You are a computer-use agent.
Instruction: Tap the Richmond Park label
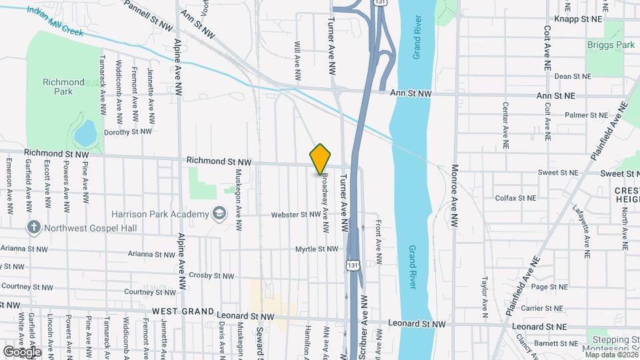pos(63,87)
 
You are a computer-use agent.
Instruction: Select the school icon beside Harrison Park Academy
pos(218,213)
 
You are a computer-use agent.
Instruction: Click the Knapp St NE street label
pos(577,20)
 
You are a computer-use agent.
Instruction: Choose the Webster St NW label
pos(295,215)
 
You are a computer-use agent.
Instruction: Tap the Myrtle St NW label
pos(317,249)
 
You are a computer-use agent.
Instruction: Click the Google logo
pos(22,351)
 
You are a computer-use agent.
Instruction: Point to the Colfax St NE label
pos(515,198)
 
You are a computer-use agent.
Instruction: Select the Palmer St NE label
pos(587,115)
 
